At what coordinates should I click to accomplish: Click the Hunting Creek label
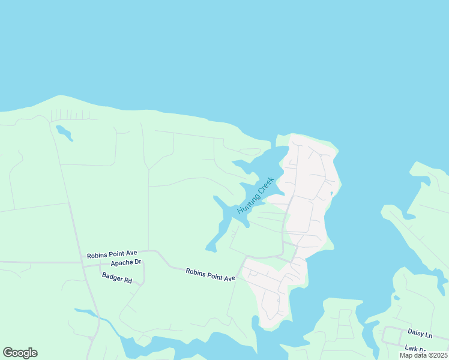tap(255, 195)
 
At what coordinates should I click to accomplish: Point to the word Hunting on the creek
tap(247, 203)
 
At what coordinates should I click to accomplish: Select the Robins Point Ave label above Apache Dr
tap(113, 255)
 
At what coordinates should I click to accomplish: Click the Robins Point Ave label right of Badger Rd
tap(210, 275)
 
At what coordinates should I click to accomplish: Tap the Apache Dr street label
tap(125, 263)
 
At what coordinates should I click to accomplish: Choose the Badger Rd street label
tap(116, 277)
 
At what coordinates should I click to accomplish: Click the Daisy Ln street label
tap(420, 332)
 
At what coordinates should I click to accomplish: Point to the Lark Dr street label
tap(415, 349)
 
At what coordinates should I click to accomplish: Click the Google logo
tap(20, 353)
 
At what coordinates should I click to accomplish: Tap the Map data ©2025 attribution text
tap(423, 355)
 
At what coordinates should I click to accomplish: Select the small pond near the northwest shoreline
tap(64, 133)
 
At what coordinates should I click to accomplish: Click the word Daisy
tap(416, 332)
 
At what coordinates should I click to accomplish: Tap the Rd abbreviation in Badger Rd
tap(127, 279)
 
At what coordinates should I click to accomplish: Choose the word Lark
tap(411, 349)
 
